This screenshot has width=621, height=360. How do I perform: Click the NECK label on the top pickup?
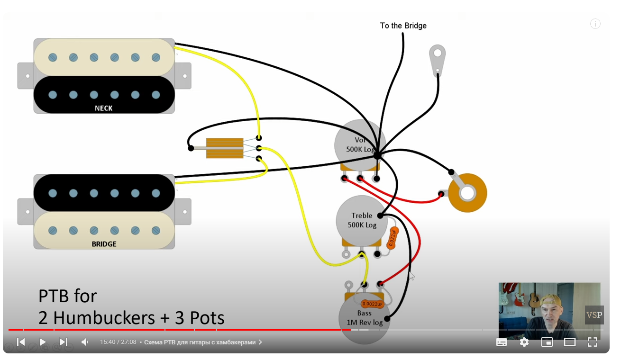coord(103,108)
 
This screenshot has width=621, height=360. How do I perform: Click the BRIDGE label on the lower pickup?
coord(104,244)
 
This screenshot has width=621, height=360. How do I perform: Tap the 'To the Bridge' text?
coord(403,26)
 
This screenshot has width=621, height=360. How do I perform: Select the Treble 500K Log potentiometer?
coord(361,220)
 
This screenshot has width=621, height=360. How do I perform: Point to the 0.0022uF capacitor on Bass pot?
coord(372,304)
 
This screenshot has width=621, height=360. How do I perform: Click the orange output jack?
coord(467,193)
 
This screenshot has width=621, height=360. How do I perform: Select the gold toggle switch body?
coord(225,148)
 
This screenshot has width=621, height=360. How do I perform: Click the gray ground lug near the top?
coord(437,59)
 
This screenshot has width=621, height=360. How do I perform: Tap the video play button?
coord(42,342)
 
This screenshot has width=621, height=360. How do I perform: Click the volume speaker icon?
coord(84,342)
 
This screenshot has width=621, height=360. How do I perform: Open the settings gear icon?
coord(524,342)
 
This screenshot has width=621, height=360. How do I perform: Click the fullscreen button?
coord(592,342)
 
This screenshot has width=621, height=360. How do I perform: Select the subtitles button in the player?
coord(501,342)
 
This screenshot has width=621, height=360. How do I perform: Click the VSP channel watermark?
coord(594,315)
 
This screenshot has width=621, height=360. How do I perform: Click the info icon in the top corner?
coord(595,24)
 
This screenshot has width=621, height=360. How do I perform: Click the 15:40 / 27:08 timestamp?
coord(118,342)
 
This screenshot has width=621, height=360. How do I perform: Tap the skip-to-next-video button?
coord(64,342)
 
